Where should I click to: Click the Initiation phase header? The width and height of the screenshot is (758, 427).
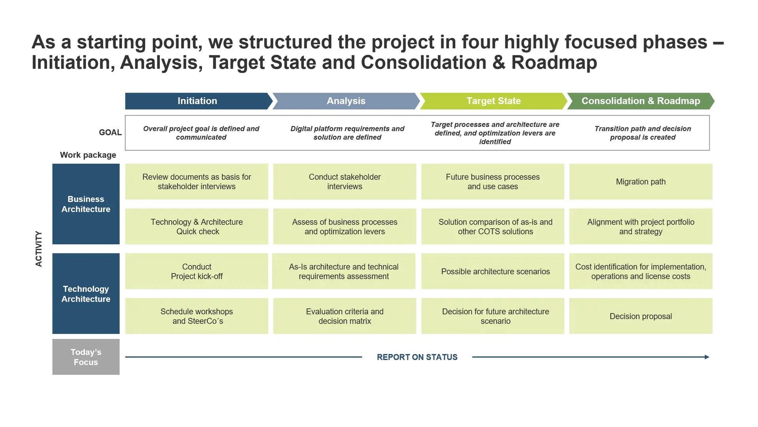click(197, 101)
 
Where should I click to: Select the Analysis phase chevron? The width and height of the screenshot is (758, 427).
click(346, 101)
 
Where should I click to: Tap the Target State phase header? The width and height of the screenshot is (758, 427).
click(493, 101)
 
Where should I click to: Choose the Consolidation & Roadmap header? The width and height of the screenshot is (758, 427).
click(641, 101)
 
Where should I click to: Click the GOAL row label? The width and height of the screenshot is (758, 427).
click(110, 132)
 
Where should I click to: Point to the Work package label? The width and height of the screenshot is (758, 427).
click(88, 155)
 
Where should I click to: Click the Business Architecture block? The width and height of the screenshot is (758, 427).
click(86, 204)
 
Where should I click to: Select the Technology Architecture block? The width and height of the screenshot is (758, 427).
click(86, 294)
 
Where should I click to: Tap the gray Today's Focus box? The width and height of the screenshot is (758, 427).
click(86, 357)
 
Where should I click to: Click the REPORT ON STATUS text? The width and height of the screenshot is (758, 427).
click(417, 357)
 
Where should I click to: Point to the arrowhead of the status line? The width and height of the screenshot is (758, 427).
click(707, 357)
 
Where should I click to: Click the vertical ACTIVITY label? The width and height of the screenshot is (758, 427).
click(39, 249)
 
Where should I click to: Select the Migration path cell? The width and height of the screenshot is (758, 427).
click(641, 182)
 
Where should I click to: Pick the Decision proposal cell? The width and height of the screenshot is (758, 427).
click(641, 316)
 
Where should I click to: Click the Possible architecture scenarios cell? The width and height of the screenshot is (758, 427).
click(493, 271)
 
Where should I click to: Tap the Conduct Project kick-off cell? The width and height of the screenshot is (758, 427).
click(197, 271)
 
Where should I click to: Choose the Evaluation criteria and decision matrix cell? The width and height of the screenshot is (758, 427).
click(345, 316)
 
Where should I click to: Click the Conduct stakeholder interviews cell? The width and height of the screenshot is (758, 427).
click(345, 182)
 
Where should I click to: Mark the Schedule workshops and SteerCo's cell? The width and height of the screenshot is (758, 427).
click(197, 316)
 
